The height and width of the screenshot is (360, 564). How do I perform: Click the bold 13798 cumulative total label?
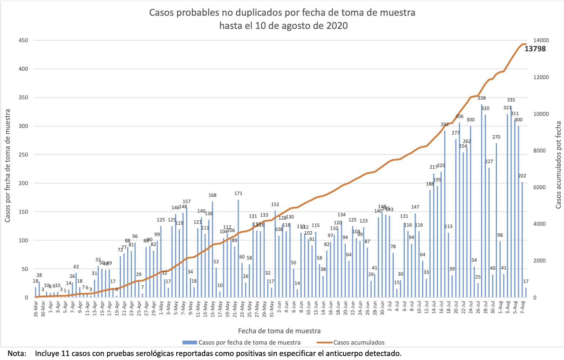[x=535, y=49]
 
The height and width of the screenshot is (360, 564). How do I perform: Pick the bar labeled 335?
[x=511, y=202]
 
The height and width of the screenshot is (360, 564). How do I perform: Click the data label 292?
[x=445, y=125]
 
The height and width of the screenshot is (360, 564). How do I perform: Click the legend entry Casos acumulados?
[x=359, y=342]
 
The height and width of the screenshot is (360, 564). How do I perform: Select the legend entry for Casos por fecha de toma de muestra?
[x=249, y=342]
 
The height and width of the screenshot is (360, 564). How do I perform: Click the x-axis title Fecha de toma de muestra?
[x=279, y=331]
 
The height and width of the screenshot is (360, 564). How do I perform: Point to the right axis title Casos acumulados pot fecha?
[x=558, y=165]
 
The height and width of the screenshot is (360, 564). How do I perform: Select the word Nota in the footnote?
[x=16, y=353]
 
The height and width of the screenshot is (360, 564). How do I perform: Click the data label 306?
[x=460, y=117]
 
